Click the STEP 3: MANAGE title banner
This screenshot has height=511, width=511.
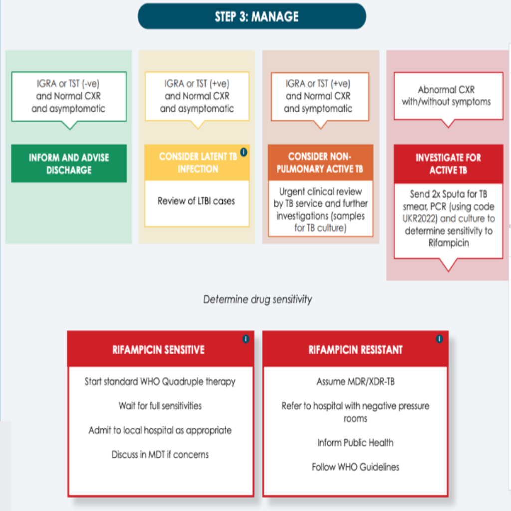(x=252, y=16)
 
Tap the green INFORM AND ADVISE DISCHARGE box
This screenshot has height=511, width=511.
(x=69, y=163)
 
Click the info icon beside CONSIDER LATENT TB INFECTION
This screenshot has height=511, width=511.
(x=244, y=152)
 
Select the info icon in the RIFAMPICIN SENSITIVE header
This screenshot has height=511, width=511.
(x=246, y=339)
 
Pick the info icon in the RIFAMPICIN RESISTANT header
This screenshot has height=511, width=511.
(x=439, y=339)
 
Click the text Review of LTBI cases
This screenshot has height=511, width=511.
(x=196, y=201)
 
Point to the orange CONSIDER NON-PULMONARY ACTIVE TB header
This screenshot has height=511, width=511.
(x=320, y=162)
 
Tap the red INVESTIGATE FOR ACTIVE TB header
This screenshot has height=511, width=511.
(x=448, y=164)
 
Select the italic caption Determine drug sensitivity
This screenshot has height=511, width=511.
(x=257, y=299)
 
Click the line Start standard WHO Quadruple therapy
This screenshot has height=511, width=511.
(x=160, y=382)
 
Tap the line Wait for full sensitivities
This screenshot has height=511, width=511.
(x=160, y=406)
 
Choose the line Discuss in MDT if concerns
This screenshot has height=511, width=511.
(x=160, y=454)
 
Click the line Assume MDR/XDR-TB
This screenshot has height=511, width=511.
(x=355, y=381)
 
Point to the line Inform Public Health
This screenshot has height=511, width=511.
(x=355, y=442)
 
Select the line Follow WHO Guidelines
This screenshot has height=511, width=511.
(x=355, y=467)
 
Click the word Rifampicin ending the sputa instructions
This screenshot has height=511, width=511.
(x=449, y=243)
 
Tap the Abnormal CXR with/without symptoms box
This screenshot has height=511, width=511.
(x=449, y=96)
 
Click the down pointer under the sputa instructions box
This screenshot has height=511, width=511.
(x=449, y=264)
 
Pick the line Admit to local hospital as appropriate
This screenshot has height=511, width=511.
(x=160, y=430)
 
